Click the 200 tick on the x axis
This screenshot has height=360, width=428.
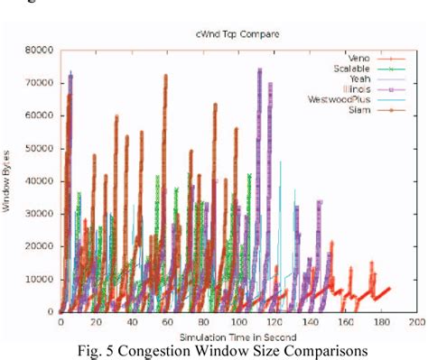click(x=417, y=322)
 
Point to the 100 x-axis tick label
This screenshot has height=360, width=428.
click(x=238, y=322)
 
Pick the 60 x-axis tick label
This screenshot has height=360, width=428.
click(x=167, y=322)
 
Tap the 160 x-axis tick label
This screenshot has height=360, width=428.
click(x=346, y=322)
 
